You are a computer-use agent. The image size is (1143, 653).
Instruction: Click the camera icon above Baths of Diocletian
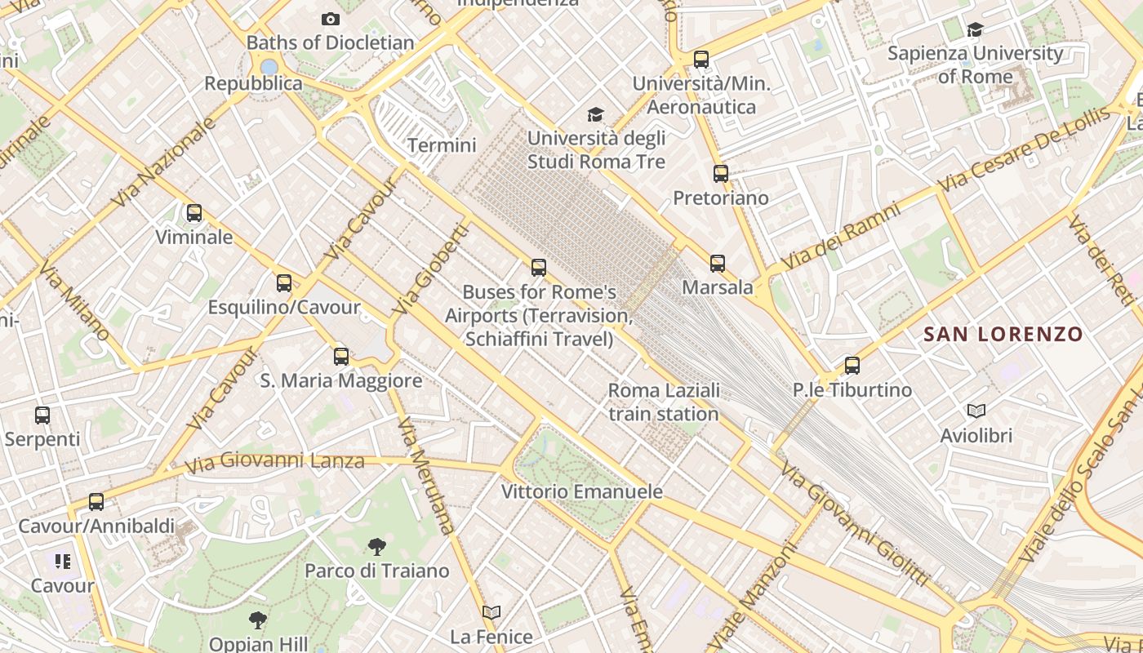(330, 19)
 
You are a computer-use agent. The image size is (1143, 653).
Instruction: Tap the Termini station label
(442, 145)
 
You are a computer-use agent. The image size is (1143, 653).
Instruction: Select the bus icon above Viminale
(193, 213)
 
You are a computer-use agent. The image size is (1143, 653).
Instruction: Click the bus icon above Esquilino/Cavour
(283, 283)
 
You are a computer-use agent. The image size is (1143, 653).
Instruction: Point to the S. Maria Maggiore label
(341, 380)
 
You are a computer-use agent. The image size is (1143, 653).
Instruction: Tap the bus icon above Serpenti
(42, 415)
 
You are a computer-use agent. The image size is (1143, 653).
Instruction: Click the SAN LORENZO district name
(1003, 334)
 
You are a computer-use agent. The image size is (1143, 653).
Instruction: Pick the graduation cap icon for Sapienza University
(975, 30)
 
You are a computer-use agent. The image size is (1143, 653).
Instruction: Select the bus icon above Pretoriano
(720, 174)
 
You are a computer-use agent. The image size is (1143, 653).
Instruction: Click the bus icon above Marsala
(717, 263)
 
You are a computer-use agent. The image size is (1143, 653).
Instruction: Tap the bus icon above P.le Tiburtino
(852, 366)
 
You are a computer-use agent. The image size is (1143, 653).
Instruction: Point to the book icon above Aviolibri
(976, 411)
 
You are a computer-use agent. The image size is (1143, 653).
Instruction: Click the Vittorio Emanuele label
(581, 491)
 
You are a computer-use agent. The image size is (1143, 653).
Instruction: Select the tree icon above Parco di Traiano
(376, 547)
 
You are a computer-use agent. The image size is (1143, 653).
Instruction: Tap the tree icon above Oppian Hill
(258, 620)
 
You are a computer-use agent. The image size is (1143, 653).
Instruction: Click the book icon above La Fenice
(491, 613)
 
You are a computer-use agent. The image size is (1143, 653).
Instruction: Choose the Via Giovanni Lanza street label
(274, 462)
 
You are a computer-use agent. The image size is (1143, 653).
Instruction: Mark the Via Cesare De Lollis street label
(1025, 149)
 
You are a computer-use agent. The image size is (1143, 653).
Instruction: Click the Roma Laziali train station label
(664, 402)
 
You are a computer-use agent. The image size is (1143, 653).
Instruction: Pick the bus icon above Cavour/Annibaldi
(96, 502)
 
